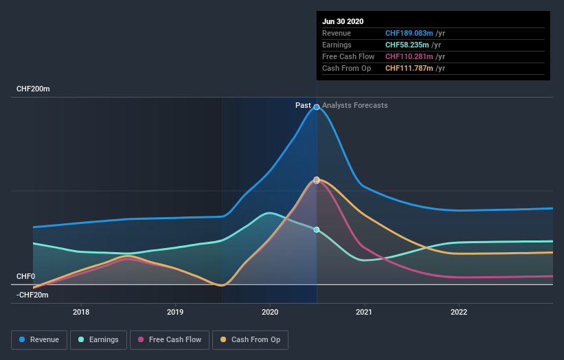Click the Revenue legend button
click(40, 339)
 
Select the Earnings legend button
click(98, 339)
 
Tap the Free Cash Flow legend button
click(170, 339)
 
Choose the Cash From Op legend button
click(250, 339)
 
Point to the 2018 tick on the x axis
click(81, 311)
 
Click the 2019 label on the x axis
click(175, 311)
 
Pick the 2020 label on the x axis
click(270, 311)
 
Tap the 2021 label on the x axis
click(364, 311)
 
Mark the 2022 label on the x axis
click(459, 311)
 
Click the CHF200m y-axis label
click(34, 89)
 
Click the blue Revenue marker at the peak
click(317, 107)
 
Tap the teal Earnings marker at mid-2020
click(317, 229)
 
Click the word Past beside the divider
click(303, 105)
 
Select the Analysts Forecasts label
click(354, 105)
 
